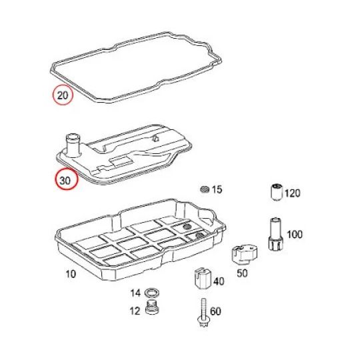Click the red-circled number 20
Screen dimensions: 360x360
coord(63,95)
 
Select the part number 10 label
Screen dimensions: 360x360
coord(71,274)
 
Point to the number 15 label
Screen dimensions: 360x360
coord(217,189)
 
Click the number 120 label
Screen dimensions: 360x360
coord(293,193)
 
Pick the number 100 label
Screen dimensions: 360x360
coord(295,235)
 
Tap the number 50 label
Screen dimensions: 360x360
coord(242,273)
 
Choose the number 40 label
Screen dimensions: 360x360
coord(219,281)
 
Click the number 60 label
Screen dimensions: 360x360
coord(215,311)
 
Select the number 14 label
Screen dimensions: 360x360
coord(135,293)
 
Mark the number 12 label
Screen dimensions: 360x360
coord(135,311)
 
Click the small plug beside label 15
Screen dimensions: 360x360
coord(205,189)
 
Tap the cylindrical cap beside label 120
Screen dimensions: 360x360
coord(277,193)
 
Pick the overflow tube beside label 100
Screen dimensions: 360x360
coord(276,234)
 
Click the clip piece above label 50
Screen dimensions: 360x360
coord(244,255)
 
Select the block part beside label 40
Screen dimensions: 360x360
coord(203,279)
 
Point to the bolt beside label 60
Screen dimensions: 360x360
coord(203,313)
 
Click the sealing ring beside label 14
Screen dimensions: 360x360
coord(153,293)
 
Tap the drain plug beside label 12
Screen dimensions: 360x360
coord(152,308)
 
